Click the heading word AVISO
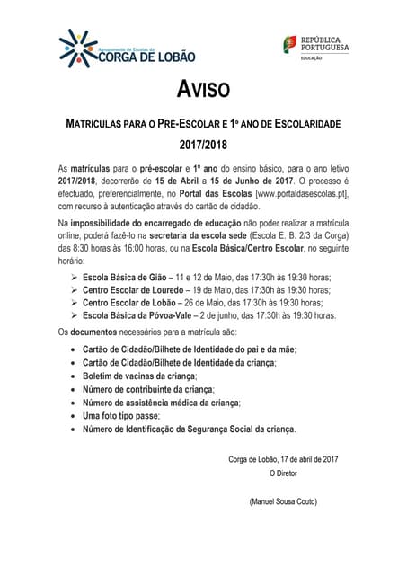click(203, 90)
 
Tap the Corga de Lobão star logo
click(71, 45)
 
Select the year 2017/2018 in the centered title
click(203, 143)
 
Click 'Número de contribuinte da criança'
click(148, 389)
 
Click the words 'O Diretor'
click(283, 473)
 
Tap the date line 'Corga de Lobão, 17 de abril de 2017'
click(282, 460)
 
